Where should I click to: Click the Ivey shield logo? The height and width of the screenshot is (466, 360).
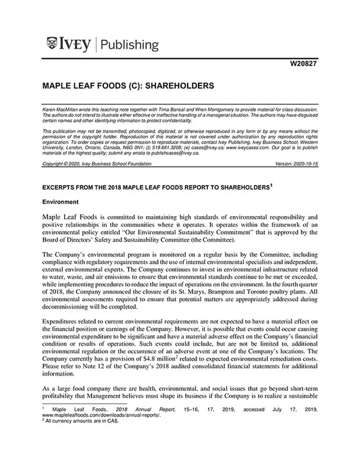pos(54,45)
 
